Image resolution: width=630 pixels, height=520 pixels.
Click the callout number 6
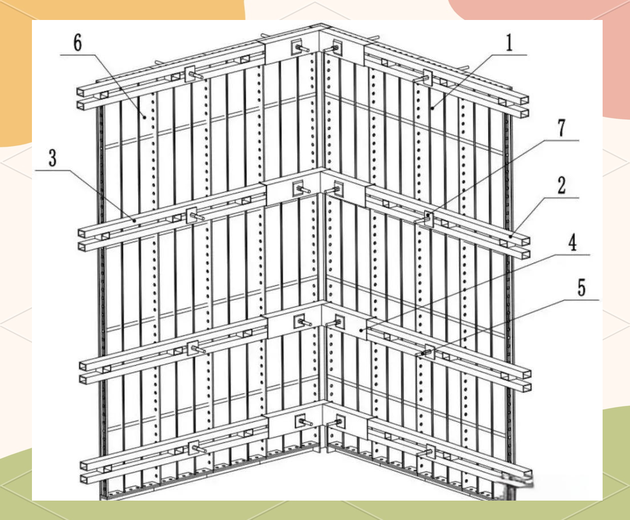78,42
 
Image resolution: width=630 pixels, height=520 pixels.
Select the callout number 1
510,43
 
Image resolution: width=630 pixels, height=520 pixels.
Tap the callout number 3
52,158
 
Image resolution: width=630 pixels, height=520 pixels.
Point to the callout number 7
562,128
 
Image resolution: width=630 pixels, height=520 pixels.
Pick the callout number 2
562,186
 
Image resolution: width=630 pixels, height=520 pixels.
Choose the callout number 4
572,243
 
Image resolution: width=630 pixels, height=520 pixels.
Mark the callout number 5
582,288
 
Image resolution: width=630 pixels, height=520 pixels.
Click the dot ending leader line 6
144,116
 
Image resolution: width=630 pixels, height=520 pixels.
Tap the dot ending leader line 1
433,108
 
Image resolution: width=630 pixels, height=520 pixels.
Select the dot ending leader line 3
134,220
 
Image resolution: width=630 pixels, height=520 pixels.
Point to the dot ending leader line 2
511,237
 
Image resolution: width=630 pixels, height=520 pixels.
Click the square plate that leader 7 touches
429,218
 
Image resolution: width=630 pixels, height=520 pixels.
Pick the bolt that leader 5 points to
426,353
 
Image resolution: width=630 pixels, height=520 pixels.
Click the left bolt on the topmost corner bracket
301,49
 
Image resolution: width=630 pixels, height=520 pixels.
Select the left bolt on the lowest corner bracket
305,422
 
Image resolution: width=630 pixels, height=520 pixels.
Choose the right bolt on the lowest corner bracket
337,423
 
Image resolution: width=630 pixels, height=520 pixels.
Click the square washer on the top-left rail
189,74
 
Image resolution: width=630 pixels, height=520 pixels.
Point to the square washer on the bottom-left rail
193,448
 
